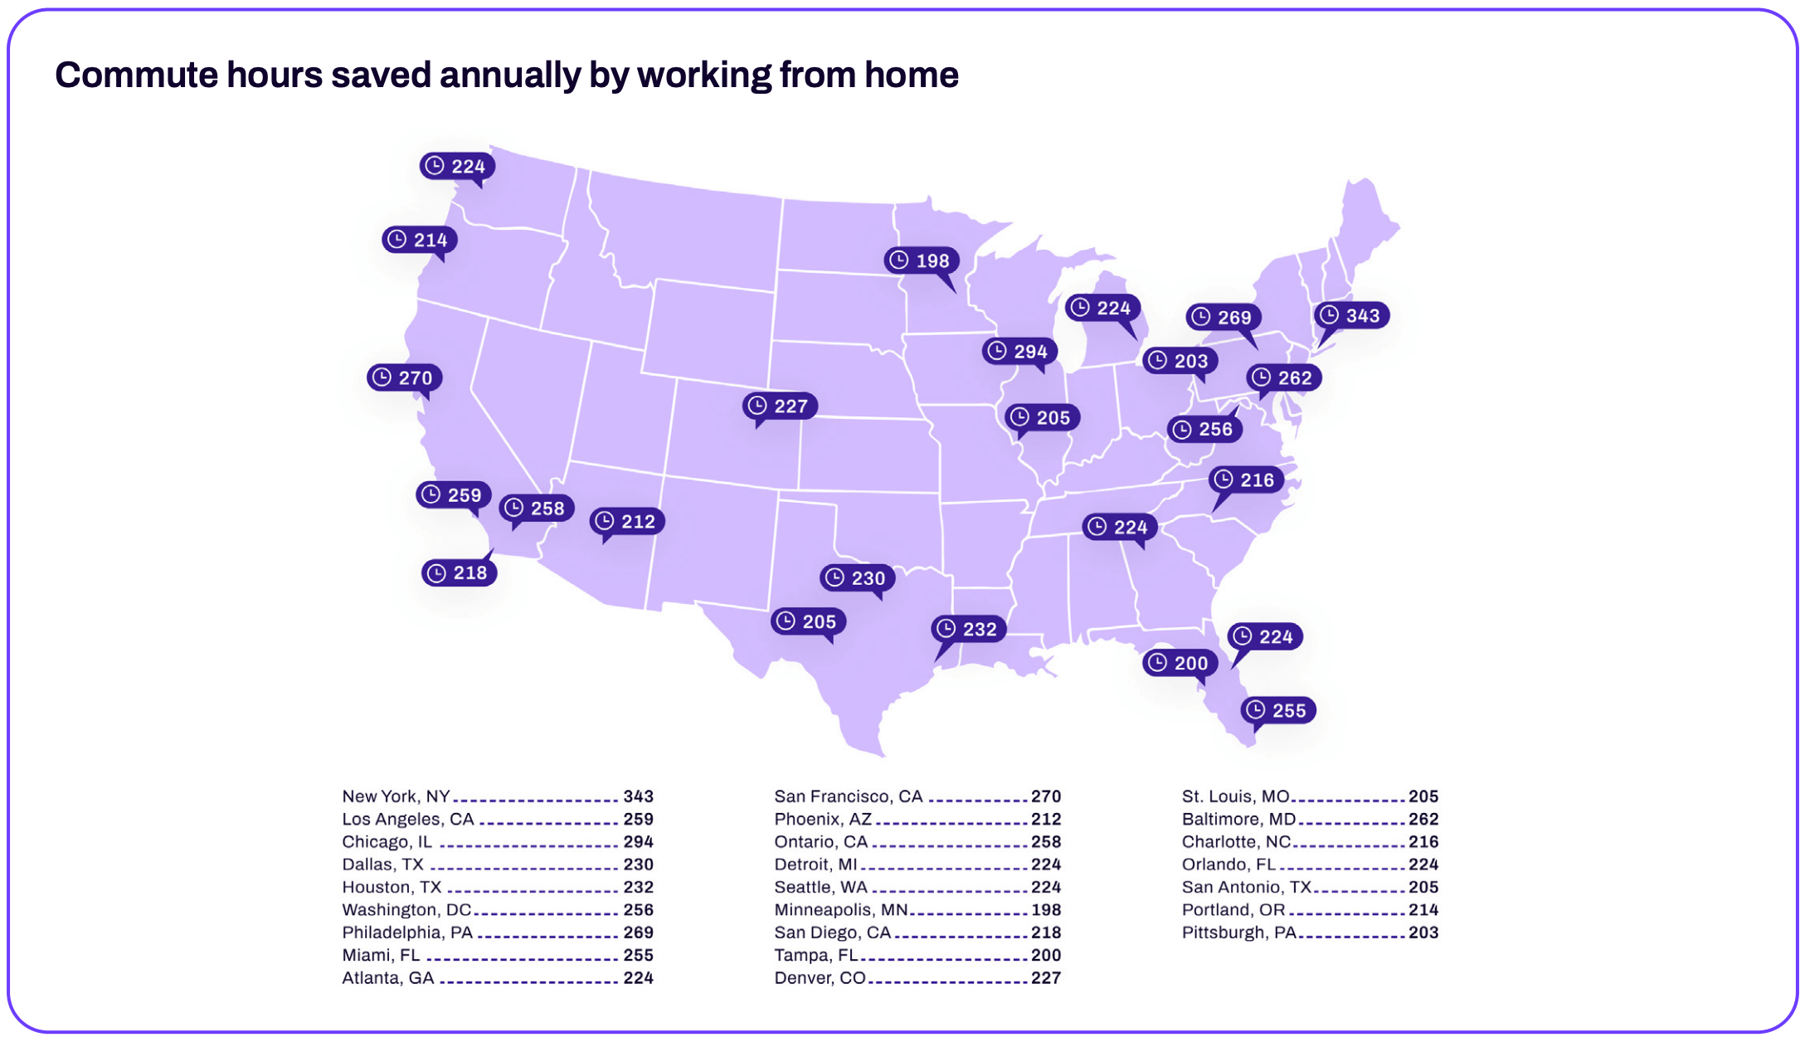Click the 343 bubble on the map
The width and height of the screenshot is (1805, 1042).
click(x=1352, y=316)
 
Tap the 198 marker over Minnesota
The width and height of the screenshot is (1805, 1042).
click(x=922, y=260)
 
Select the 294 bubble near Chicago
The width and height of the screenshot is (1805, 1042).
click(x=1019, y=352)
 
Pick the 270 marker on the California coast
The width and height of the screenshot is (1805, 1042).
click(x=404, y=378)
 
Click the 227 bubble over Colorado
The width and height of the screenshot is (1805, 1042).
click(x=780, y=407)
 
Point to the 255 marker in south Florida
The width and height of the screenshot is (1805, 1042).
click(x=1278, y=711)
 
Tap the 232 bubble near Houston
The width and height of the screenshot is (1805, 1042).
click(x=969, y=630)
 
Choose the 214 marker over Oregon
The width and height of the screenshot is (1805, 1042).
click(x=420, y=241)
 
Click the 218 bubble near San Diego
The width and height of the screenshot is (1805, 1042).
click(x=460, y=573)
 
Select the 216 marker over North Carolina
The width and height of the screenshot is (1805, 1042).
click(x=1246, y=480)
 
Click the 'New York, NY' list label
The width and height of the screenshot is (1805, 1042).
click(x=396, y=796)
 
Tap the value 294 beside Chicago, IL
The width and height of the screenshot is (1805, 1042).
click(x=638, y=842)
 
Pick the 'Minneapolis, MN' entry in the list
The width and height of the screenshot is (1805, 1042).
click(x=840, y=910)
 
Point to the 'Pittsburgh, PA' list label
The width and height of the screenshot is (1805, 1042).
click(x=1238, y=932)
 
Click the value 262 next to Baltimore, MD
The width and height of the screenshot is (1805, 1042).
click(x=1423, y=820)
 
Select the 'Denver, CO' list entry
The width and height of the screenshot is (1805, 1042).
click(x=820, y=978)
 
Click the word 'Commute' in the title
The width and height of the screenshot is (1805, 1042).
click(x=136, y=75)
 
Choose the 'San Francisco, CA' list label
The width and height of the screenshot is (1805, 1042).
click(x=848, y=796)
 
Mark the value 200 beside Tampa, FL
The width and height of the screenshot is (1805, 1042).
click(x=1045, y=956)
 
